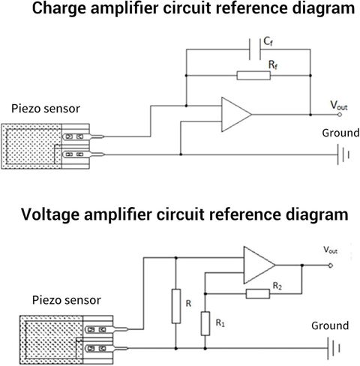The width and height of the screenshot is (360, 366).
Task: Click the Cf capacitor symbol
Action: pos(255,49)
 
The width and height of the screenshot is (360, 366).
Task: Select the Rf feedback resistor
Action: pos(253,76)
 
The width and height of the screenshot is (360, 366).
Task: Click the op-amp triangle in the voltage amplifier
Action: pos(259,265)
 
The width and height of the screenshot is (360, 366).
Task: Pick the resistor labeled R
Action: pos(176,306)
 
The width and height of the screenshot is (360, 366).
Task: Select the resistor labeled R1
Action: pos(205,323)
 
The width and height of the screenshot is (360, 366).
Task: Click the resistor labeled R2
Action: pos(258,294)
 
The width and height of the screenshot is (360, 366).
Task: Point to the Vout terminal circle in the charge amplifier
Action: pos(340,115)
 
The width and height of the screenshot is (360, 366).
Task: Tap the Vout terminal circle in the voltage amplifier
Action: pos(331,265)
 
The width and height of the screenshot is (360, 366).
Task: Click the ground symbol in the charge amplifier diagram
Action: pos(343,154)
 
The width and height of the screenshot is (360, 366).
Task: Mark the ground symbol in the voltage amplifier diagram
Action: pos(333,348)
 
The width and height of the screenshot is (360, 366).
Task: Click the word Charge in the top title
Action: pos(59,9)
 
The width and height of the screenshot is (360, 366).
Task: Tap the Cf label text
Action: pos(268,42)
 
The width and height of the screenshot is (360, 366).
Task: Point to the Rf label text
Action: pos(273,64)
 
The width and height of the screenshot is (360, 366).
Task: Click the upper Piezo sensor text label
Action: pos(46,109)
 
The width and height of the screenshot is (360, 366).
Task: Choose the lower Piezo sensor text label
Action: pos(67,300)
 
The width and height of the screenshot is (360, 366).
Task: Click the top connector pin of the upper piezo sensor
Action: pos(83,136)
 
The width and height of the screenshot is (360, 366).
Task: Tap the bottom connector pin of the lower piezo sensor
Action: pos(106,348)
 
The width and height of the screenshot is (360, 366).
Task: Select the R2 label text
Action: pos(277,286)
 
